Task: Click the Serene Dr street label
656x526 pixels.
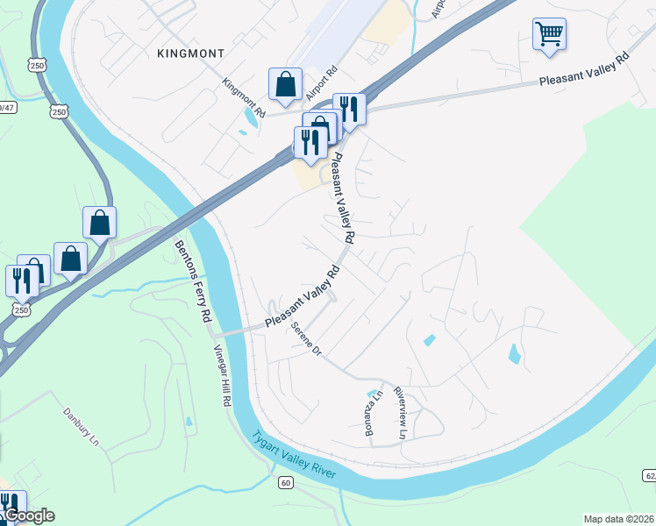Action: click(307, 340)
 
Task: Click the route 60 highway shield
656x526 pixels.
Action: click(286, 483)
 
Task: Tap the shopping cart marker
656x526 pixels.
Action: click(549, 34)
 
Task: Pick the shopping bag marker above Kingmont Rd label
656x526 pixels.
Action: click(285, 85)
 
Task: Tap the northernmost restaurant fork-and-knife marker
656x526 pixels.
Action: click(349, 109)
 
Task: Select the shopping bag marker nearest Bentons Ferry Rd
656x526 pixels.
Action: click(100, 223)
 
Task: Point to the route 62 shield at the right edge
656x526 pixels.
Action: click(649, 475)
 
